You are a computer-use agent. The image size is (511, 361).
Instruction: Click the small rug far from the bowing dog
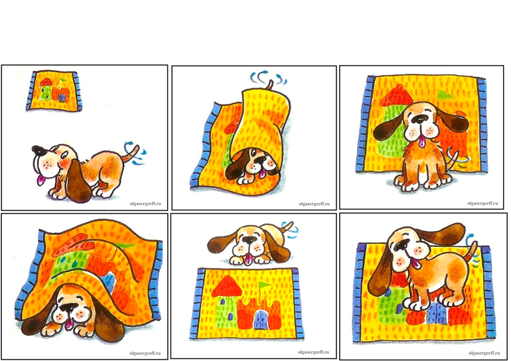pos(54,91)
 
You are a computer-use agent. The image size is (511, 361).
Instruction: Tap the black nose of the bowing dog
pos(39,150)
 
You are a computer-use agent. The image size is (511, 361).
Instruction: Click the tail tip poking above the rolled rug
pos(269,84)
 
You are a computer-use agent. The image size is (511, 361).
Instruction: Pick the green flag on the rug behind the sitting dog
pos(444,95)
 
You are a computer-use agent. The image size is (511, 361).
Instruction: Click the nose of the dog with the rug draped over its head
pos(69,308)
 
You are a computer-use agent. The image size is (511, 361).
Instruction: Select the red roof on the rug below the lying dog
pos(227,286)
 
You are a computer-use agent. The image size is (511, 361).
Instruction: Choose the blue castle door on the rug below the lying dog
pos(261,319)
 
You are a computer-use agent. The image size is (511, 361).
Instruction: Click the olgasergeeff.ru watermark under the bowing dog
pos(145,204)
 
